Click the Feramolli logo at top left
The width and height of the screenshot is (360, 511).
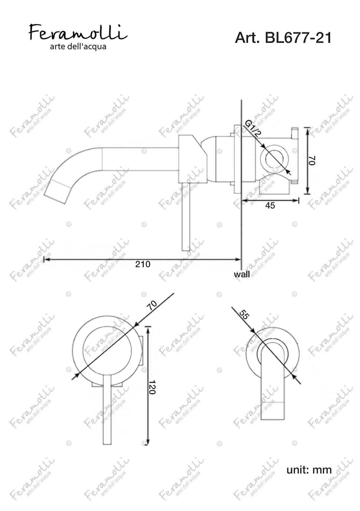(x=78, y=32)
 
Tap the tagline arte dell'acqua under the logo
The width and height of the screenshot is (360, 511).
(x=78, y=47)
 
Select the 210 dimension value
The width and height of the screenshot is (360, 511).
(x=143, y=264)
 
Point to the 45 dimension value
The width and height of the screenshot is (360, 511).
(x=270, y=205)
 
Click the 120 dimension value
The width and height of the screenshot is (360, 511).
(x=152, y=387)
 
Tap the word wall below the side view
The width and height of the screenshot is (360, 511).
(x=242, y=274)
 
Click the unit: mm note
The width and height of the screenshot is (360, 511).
(x=309, y=470)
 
